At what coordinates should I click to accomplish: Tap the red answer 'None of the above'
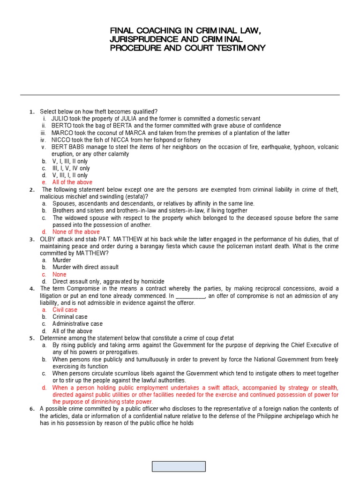coord(76,232)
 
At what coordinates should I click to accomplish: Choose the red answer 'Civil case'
coord(65,310)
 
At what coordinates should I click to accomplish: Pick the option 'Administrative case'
coord(77,324)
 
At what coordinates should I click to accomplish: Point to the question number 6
coord(31,409)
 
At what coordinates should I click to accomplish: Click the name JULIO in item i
coord(60,119)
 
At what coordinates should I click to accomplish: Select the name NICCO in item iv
coord(61,140)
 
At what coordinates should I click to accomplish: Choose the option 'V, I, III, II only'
coord(70,161)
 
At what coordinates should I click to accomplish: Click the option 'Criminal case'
coord(70,317)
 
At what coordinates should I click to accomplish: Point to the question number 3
coord(31,240)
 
